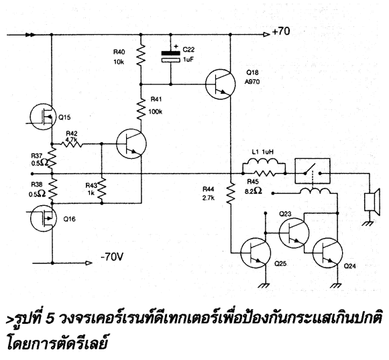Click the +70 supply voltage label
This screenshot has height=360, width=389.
click(x=281, y=32)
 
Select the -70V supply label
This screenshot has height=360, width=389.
click(x=112, y=257)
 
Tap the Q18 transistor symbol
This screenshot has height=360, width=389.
click(x=221, y=84)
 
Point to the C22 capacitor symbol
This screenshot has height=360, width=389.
click(x=170, y=56)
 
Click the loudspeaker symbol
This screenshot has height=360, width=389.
click(x=372, y=202)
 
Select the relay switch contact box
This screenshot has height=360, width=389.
click(x=313, y=171)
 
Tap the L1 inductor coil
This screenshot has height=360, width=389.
click(x=264, y=162)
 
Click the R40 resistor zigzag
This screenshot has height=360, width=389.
click(x=141, y=55)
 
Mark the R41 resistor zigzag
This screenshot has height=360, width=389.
click(x=141, y=109)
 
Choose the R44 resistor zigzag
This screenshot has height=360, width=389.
click(x=231, y=193)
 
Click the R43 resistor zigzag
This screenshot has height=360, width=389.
click(x=102, y=188)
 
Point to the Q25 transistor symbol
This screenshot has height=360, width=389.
click(x=256, y=253)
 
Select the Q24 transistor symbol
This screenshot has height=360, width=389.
click(x=328, y=253)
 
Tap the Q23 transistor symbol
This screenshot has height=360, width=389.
click(x=294, y=233)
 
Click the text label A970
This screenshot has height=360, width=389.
click(x=252, y=82)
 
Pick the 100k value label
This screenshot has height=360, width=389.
click(x=156, y=112)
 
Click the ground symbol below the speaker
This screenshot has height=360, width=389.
click(x=369, y=224)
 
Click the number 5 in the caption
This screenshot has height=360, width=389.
click(x=50, y=319)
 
